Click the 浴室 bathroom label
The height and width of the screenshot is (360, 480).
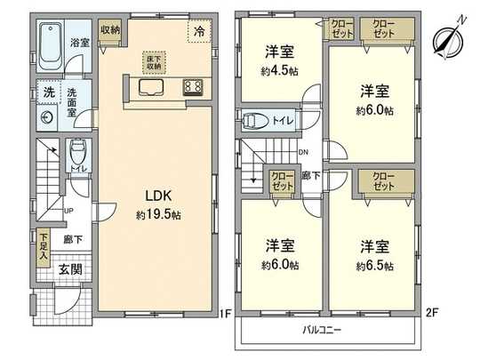click(x=80, y=42)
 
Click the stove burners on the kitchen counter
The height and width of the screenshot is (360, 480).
click(x=193, y=86)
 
